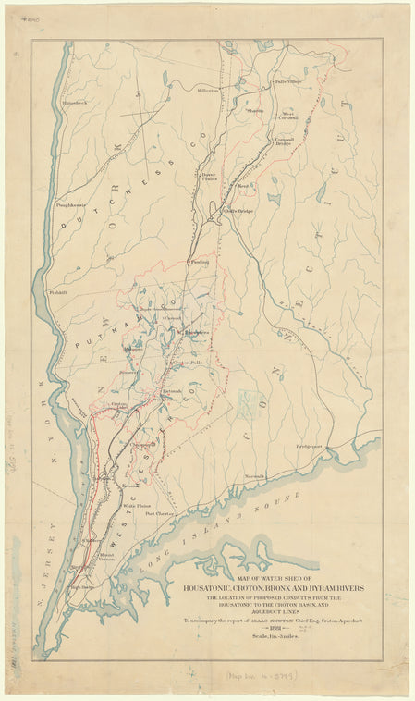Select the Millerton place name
(x=208, y=91)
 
